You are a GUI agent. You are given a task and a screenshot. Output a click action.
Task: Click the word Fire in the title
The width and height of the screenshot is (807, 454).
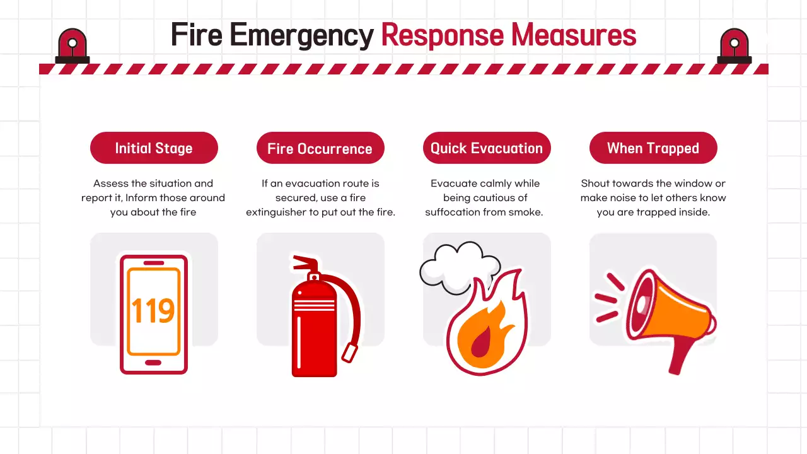coord(197,35)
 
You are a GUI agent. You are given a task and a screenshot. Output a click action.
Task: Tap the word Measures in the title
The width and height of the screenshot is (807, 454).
coord(574,35)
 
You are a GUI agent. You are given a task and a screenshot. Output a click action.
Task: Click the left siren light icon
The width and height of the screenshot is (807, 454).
coord(73,46)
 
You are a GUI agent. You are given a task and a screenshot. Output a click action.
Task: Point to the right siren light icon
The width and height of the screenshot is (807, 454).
coord(734,46)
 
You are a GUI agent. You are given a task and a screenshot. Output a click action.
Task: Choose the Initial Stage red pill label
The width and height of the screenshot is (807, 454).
coord(154,148)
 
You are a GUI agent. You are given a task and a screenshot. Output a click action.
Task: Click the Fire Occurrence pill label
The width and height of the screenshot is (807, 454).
coord(320,148)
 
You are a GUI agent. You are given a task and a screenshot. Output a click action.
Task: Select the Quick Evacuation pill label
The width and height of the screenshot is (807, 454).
coord(487,148)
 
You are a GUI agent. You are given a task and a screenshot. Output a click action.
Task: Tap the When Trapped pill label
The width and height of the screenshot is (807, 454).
coord(653,148)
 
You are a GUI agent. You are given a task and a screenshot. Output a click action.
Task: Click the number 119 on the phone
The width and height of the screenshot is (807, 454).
coord(153,311)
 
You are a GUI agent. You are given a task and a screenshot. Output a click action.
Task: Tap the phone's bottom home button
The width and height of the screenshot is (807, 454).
coord(153,363)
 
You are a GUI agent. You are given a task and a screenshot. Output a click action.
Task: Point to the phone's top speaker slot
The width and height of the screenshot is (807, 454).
coord(154,263)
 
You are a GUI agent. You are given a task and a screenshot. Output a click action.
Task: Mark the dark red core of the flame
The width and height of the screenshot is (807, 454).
coord(481,342)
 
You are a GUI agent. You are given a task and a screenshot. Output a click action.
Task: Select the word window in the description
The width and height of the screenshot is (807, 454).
coord(690,183)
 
